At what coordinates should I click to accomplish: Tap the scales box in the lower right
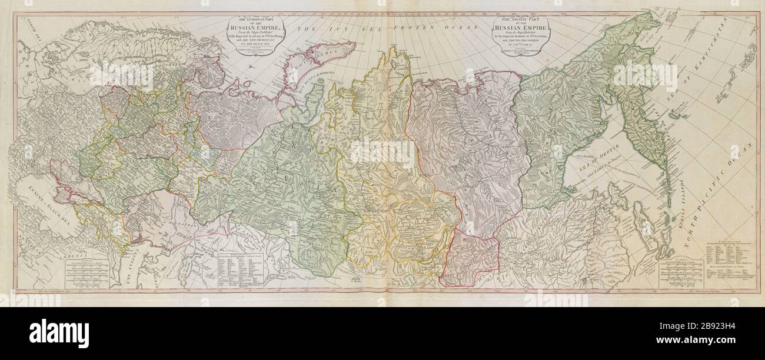(x=683, y=276)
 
